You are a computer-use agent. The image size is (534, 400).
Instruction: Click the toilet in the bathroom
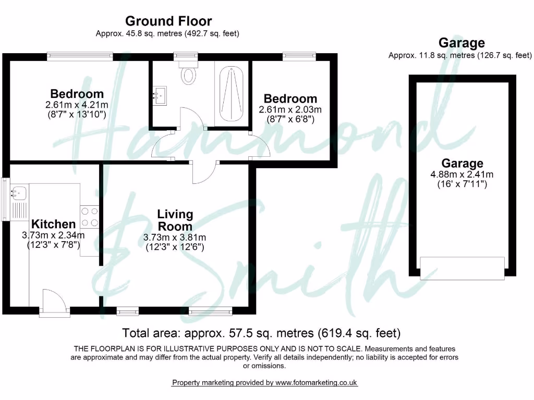(x=188, y=73)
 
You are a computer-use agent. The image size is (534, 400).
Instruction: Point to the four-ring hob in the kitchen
(x=89, y=216)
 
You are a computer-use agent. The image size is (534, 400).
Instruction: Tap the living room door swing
(x=204, y=171)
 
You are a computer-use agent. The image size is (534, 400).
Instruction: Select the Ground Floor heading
(x=168, y=21)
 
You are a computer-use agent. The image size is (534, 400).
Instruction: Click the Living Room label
(x=175, y=220)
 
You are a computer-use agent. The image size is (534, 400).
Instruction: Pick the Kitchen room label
(x=54, y=224)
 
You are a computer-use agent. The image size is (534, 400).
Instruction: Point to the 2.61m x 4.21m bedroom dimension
(x=77, y=105)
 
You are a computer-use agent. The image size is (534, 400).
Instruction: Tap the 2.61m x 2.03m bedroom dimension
(x=290, y=110)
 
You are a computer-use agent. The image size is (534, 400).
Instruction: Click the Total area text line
(x=261, y=332)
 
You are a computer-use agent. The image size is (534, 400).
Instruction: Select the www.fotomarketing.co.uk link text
(x=316, y=382)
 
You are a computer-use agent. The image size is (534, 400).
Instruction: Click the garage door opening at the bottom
(x=463, y=267)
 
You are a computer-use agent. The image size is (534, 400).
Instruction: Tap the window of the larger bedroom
(x=80, y=54)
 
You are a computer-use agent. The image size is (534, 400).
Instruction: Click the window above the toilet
(x=186, y=54)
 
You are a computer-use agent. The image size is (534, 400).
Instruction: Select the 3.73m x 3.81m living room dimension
(x=174, y=238)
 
